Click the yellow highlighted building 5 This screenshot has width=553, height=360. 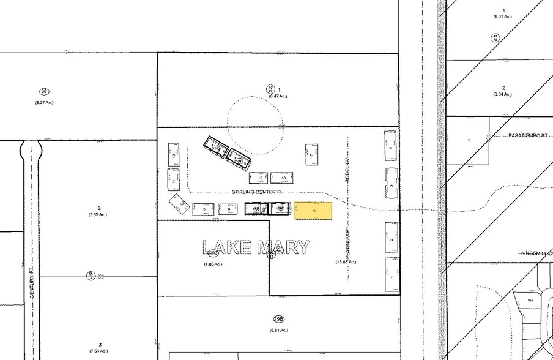[313, 211]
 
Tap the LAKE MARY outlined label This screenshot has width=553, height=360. [256, 247]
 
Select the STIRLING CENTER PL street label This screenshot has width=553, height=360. [258, 192]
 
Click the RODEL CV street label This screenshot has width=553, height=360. [346, 170]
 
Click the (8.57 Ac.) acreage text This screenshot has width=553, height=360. [44, 102]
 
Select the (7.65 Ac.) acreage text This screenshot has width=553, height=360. [98, 214]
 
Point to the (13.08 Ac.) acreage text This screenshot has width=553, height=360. [346, 262]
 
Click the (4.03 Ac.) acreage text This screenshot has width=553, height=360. [212, 264]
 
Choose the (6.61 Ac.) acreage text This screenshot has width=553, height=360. [278, 330]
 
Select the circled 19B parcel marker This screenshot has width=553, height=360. [278, 319]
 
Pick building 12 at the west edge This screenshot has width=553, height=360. [174, 156]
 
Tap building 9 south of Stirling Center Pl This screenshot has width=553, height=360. [203, 209]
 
